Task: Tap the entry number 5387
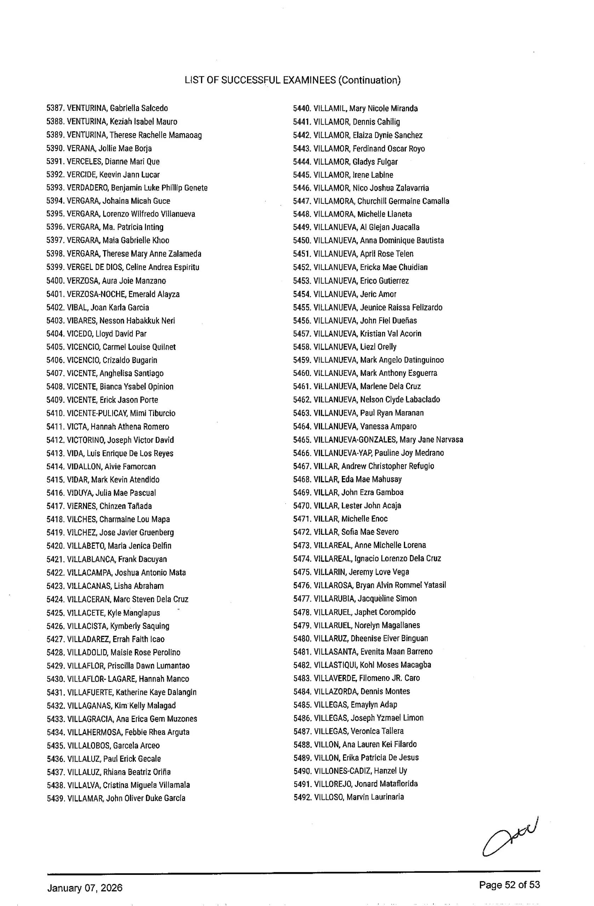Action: tap(56, 108)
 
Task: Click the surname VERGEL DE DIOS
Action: tap(95, 267)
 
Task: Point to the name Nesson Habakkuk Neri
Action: tap(137, 321)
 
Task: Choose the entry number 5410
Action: tap(56, 413)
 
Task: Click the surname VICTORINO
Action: tap(86, 440)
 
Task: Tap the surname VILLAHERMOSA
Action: tap(94, 732)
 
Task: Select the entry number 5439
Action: tap(56, 798)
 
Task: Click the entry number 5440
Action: tap(302, 109)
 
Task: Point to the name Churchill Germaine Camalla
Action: tap(403, 201)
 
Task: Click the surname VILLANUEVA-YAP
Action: tap(343, 453)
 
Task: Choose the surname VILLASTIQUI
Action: tap(335, 665)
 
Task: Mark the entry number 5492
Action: tap(303, 797)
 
